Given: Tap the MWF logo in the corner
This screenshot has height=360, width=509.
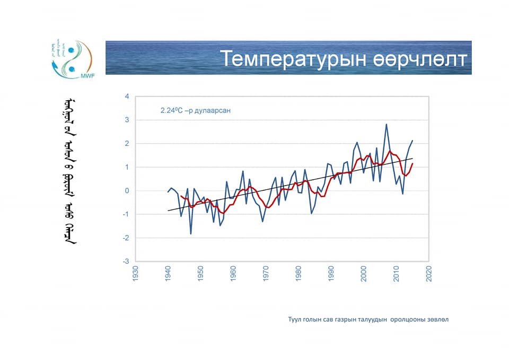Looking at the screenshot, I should tap(72, 58).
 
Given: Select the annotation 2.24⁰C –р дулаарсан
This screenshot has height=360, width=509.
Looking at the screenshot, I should tap(196, 111).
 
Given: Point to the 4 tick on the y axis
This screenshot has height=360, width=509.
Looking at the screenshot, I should tap(127, 96).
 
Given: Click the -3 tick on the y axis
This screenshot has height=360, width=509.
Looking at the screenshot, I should tap(126, 262).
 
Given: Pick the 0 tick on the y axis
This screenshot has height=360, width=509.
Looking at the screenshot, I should tap(127, 191).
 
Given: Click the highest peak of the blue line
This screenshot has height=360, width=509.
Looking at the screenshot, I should tap(386, 124).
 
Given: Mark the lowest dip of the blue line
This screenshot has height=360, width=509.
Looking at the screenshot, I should tap(191, 234).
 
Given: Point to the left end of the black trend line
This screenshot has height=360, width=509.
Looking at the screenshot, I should tap(168, 211).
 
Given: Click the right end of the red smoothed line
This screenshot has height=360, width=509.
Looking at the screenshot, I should tap(413, 163).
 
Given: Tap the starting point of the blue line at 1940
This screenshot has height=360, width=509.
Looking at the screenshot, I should tap(168, 192).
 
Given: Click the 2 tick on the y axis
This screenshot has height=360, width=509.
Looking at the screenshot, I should tap(127, 144).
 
